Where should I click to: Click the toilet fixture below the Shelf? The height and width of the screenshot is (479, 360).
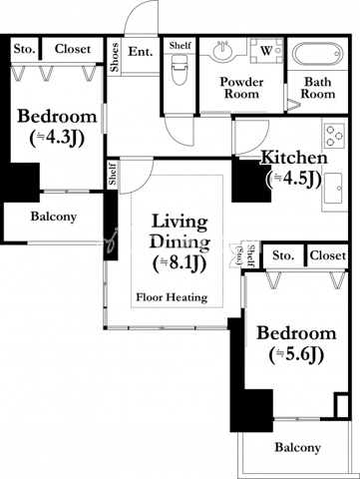pyautogui.click(x=180, y=70)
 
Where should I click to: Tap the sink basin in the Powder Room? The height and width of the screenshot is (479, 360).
pyautogui.click(x=222, y=51)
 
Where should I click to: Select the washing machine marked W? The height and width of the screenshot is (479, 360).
pyautogui.click(x=266, y=51)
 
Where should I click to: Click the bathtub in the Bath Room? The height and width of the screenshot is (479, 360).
pyautogui.click(x=317, y=54)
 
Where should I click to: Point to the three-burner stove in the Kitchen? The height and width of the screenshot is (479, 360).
pyautogui.click(x=334, y=136)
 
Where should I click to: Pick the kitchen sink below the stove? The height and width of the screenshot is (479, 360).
pyautogui.click(x=334, y=188)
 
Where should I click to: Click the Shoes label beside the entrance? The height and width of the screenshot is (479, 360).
pyautogui.click(x=115, y=57)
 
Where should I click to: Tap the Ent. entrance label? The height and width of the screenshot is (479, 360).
pyautogui.click(x=141, y=52)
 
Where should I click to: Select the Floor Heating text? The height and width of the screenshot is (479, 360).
pyautogui.click(x=172, y=297)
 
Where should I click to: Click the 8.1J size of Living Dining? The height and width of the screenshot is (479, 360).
pyautogui.click(x=180, y=263)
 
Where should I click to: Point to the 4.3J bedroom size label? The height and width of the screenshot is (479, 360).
pyautogui.click(x=57, y=138)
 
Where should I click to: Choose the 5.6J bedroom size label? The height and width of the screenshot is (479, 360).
pyautogui.click(x=296, y=355)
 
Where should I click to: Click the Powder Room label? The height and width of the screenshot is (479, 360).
pyautogui.click(x=241, y=88)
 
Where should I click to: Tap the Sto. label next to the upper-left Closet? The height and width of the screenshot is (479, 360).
pyautogui.click(x=24, y=50)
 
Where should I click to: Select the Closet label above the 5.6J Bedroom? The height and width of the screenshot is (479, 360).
pyautogui.click(x=328, y=255)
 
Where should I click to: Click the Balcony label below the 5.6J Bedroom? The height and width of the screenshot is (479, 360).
pyautogui.click(x=297, y=448)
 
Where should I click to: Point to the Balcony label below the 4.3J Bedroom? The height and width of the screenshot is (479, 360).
pyautogui.click(x=54, y=217)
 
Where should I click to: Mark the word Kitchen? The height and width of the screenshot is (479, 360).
pyautogui.click(x=294, y=158)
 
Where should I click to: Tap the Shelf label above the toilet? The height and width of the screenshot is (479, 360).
pyautogui.click(x=180, y=45)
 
